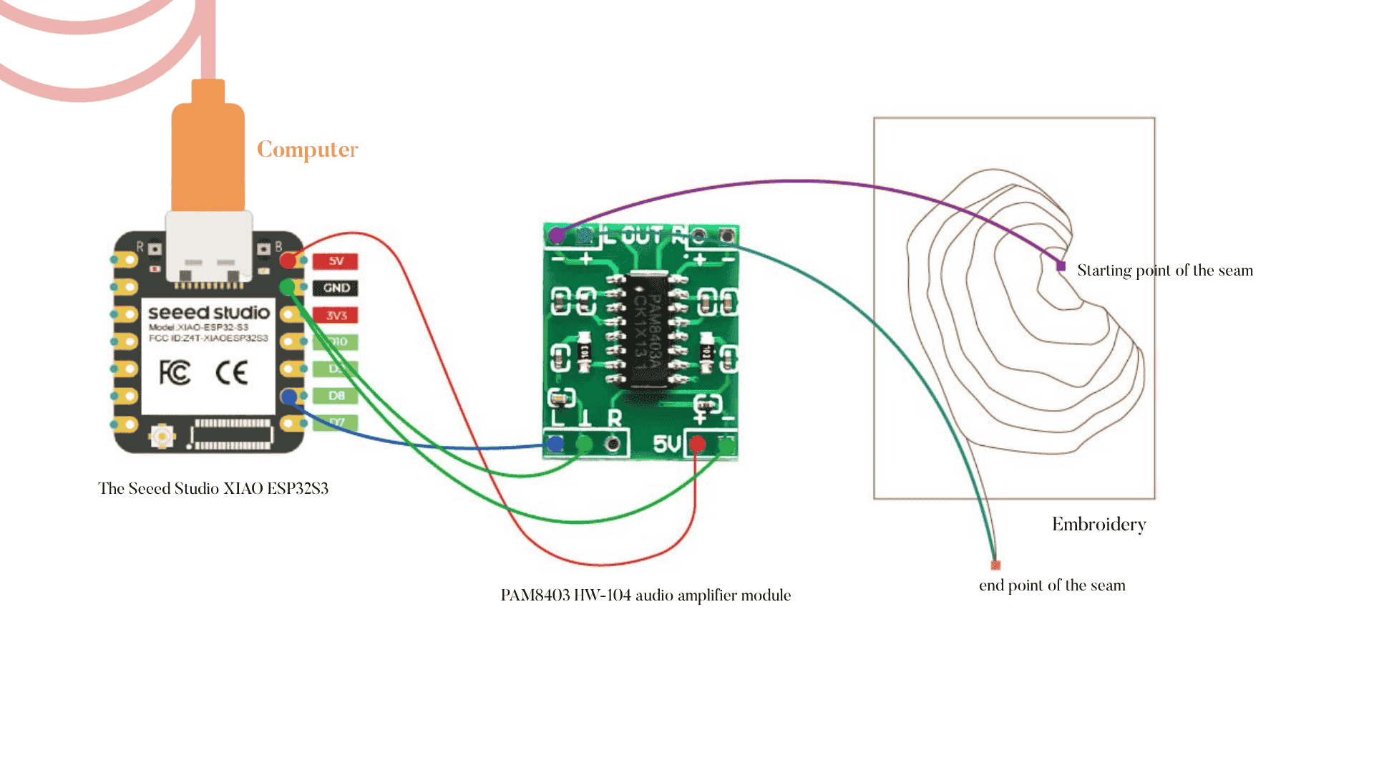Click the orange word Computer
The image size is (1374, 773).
[x=307, y=149]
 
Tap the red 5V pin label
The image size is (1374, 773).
[x=336, y=261]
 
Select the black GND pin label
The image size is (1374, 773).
[x=336, y=288]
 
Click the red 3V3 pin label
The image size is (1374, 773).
[x=336, y=315]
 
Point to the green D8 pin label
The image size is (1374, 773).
[x=336, y=395]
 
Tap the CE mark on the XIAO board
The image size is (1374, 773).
[x=231, y=372]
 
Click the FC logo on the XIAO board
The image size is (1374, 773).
[x=175, y=372]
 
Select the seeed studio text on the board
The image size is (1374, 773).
[x=208, y=313]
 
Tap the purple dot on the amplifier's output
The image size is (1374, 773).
[x=556, y=235]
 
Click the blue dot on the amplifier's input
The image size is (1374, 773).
[x=555, y=444]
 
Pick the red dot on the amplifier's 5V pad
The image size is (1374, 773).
[x=696, y=444]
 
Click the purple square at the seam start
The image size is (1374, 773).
[x=1061, y=266]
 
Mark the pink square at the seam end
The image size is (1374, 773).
[x=995, y=565]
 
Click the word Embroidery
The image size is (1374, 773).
[x=1098, y=525]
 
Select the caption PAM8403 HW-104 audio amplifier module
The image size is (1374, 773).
[x=645, y=595]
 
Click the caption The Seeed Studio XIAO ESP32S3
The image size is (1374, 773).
[x=213, y=489]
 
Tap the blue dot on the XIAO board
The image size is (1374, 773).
[x=289, y=396]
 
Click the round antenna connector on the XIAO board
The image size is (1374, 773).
[x=162, y=435]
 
